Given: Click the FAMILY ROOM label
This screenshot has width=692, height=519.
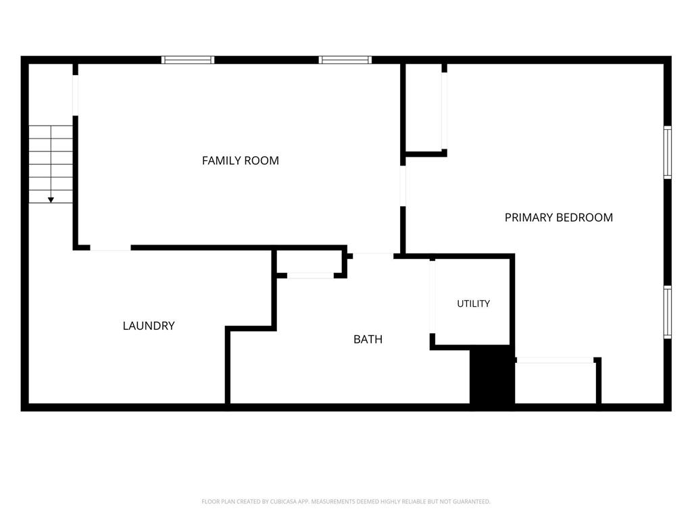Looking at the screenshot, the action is click(241, 161).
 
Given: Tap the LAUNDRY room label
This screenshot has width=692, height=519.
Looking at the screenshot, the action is click(149, 326).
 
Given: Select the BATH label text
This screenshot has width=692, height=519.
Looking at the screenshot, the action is click(368, 339).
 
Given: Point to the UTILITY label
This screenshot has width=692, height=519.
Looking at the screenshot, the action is click(474, 303).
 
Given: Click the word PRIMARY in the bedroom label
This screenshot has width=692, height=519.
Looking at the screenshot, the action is click(528, 218).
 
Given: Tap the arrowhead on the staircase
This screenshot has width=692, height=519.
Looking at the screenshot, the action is click(51, 200).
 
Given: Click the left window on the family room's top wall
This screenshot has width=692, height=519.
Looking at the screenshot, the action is click(188, 60).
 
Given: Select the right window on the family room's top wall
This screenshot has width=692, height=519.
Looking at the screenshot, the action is click(345, 60).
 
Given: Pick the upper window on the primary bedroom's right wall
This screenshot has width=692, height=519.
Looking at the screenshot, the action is click(668, 152).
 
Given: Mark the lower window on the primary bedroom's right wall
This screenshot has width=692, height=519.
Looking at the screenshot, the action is click(668, 312).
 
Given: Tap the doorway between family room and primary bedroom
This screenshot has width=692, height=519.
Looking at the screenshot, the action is click(403, 186).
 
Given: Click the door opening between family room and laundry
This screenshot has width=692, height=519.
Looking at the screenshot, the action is click(110, 248).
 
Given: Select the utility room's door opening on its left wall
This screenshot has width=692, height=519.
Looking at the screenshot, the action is click(432, 297).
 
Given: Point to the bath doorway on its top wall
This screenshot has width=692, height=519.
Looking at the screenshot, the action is click(373, 256).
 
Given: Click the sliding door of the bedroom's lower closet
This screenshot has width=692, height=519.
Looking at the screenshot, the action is click(555, 361).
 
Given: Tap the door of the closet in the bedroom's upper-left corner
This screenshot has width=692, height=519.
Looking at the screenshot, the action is click(445, 111).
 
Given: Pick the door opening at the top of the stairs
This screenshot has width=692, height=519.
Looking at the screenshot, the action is click(76, 95).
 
